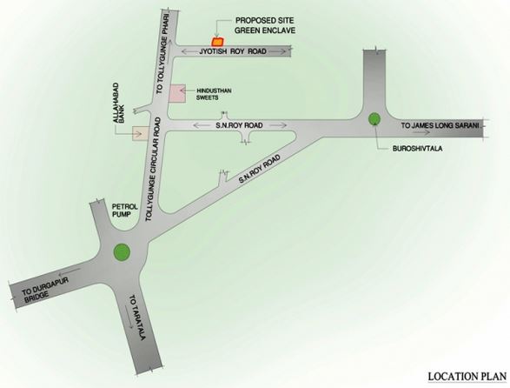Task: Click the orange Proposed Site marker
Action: pyautogui.click(x=218, y=40)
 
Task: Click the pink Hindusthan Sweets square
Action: pyautogui.click(x=177, y=94)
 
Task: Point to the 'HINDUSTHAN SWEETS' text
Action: pyautogui.click(x=219, y=95)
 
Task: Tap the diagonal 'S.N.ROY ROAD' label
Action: pyautogui.click(x=261, y=169)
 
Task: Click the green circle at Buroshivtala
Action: pyautogui.click(x=373, y=119)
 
